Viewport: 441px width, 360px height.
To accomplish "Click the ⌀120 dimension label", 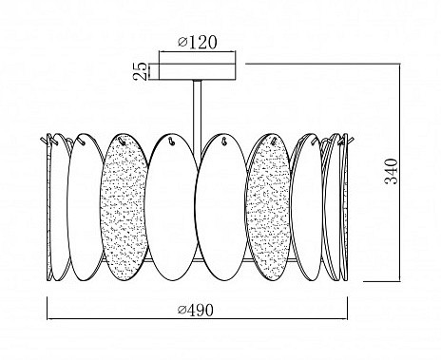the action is click(198, 42).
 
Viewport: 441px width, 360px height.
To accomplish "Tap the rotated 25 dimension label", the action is click(141, 71).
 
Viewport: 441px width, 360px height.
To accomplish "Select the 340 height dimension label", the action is click(391, 171).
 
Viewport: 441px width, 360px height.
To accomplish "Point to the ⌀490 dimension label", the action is click(196, 310).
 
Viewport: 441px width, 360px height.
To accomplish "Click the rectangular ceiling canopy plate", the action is click(198, 71).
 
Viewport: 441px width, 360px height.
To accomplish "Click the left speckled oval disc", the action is click(125, 206).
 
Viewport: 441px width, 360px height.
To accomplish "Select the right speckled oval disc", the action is click(268, 206).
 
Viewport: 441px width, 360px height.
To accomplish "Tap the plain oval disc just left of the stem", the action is click(172, 207).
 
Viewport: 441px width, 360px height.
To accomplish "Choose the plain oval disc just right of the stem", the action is click(221, 207).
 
